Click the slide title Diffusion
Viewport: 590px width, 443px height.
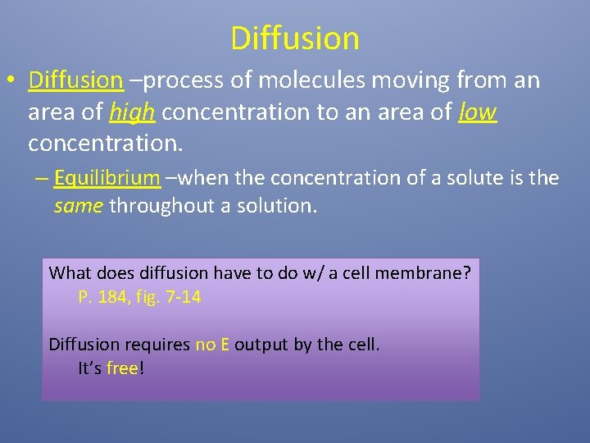295,38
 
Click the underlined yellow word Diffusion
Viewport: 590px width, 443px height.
75,80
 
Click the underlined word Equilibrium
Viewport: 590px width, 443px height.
107,178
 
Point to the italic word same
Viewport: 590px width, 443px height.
78,206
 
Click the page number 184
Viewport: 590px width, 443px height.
112,297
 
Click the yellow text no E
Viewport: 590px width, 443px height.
212,345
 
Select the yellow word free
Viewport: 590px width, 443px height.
122,369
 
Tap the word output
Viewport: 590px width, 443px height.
261,345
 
